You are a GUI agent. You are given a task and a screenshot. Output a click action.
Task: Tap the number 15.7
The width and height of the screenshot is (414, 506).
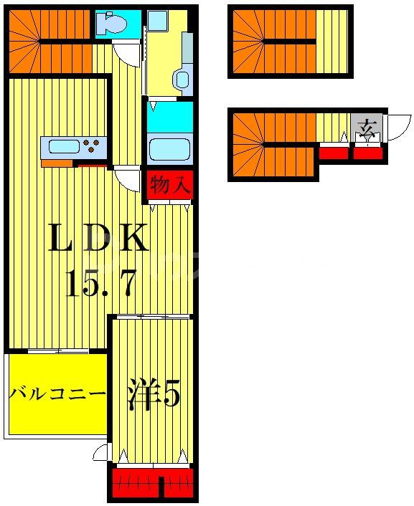pyautogui.click(x=100, y=285)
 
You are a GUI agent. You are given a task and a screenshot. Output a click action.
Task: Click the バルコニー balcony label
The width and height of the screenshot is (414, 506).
pyautogui.click(x=57, y=393)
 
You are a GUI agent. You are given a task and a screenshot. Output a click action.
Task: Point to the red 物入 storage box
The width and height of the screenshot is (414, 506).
pyautogui.click(x=170, y=186)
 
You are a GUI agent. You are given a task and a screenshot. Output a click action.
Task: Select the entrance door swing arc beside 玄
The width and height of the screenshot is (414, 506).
pyautogui.click(x=397, y=128)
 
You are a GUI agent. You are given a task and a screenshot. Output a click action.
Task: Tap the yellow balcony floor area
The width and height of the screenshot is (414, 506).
pyautogui.click(x=57, y=416)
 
